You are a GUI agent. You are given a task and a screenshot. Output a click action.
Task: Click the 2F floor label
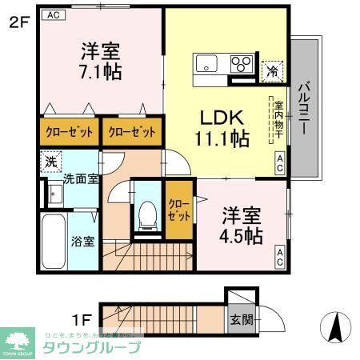click(18, 23)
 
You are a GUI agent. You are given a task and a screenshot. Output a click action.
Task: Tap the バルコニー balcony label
click(305, 107)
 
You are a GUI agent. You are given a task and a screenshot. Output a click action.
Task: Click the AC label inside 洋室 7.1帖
click(53, 15)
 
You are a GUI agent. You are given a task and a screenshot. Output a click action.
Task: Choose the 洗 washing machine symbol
click(50, 160)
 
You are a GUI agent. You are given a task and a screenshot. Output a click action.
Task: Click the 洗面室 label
click(81, 179)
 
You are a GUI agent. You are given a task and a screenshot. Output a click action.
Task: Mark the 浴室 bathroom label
click(83, 241)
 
